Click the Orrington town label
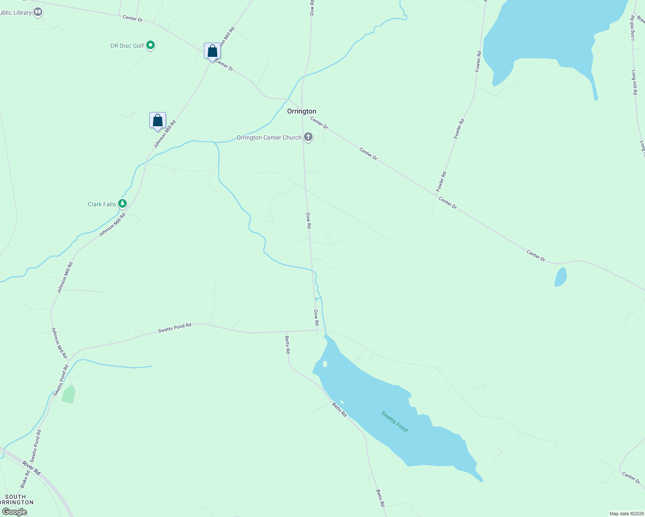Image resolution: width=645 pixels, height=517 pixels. click(302, 111)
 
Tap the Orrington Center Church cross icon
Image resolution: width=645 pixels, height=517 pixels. click(308, 137)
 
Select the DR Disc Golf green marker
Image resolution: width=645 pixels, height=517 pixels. click(150, 45)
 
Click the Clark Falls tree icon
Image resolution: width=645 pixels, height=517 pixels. click(123, 203)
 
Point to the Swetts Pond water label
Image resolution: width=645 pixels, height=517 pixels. click(395, 421)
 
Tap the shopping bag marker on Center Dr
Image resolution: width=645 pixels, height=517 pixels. click(212, 51)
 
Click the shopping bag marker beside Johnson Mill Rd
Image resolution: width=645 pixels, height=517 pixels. click(157, 120)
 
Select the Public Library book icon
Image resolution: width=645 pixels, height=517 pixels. click(38, 12)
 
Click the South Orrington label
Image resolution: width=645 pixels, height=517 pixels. click(16, 499)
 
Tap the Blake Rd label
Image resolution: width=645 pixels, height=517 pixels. click(25, 479)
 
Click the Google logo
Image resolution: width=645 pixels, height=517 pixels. click(14, 512)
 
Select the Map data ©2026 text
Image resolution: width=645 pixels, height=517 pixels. click(626, 514)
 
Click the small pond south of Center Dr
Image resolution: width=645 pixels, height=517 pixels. click(560, 277)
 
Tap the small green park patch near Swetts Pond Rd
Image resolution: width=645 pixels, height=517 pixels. click(69, 394)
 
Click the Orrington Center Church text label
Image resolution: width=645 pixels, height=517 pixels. click(269, 138)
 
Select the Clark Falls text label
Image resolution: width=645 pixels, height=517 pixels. click(102, 204)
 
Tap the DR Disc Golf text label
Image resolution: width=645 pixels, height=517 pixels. click(127, 46)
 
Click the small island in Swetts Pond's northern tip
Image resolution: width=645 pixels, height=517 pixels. click(325, 364)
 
